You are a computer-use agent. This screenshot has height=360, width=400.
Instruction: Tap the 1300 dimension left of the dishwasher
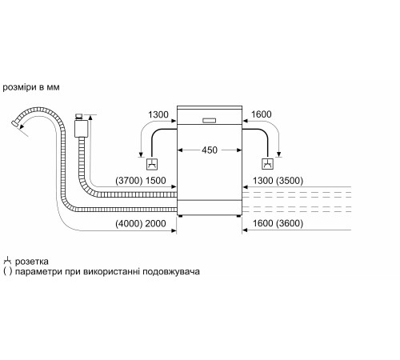[159, 114]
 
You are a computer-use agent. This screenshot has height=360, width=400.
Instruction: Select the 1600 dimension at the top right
[260, 114]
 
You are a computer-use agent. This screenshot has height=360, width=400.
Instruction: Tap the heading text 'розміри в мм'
[31, 86]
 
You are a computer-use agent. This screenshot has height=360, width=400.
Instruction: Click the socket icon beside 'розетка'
[7, 261]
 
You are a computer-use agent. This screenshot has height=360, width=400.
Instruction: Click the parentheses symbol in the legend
[7, 272]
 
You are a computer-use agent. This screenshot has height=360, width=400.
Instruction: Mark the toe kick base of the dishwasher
[209, 214]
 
